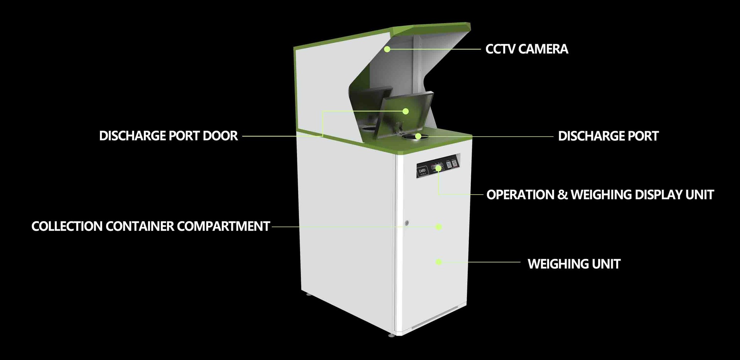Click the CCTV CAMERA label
click(526, 49)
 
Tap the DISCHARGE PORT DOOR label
click(168, 136)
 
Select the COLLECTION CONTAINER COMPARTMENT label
click(150, 226)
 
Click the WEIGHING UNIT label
click(574, 264)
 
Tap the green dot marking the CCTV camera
click(387, 49)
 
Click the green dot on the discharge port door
click(405, 111)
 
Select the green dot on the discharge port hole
click(418, 136)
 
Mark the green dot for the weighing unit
click(438, 262)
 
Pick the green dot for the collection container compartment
click(438, 227)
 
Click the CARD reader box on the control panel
click(422, 171)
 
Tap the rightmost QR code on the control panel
click(455, 163)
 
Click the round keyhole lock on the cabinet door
click(406, 223)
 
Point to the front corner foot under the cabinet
click(391, 335)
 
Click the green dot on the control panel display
click(438, 168)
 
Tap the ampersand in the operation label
click(563, 195)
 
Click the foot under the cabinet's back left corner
click(308, 295)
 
